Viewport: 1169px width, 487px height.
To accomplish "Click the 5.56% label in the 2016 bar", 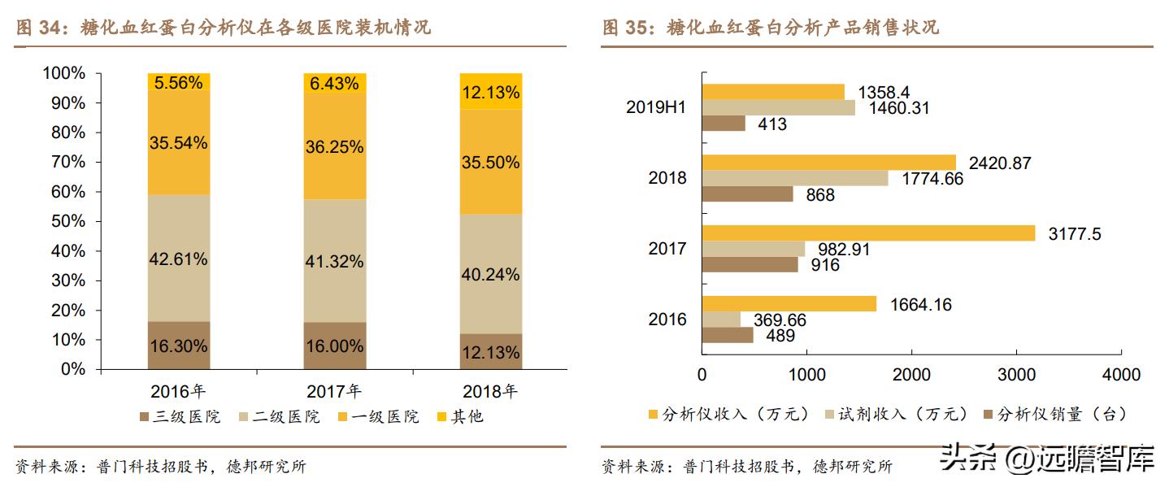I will coord(179,82).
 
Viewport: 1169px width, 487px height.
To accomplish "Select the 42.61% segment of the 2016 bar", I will coord(179,259).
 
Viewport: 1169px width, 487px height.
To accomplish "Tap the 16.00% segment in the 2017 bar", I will coord(334,346).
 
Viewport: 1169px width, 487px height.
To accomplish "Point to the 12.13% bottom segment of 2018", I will coord(490,351).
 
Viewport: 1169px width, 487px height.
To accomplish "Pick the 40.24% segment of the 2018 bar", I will coord(490,274).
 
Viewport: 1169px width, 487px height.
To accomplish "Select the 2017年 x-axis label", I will coord(334,391).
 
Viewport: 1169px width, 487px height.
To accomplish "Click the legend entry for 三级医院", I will coord(180,416).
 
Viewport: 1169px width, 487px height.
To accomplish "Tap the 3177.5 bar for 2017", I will coord(868,233).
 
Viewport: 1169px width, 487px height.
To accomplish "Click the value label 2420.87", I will coord(996,163).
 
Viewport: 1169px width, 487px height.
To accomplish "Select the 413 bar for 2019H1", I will coord(724,124).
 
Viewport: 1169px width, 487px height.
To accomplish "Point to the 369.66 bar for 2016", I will coord(721,320).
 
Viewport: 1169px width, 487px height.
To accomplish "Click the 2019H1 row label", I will coord(656,107).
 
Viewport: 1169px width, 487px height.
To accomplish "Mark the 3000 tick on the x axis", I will coord(1016,375).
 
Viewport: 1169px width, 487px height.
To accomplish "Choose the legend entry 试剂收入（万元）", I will coord(898,414).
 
